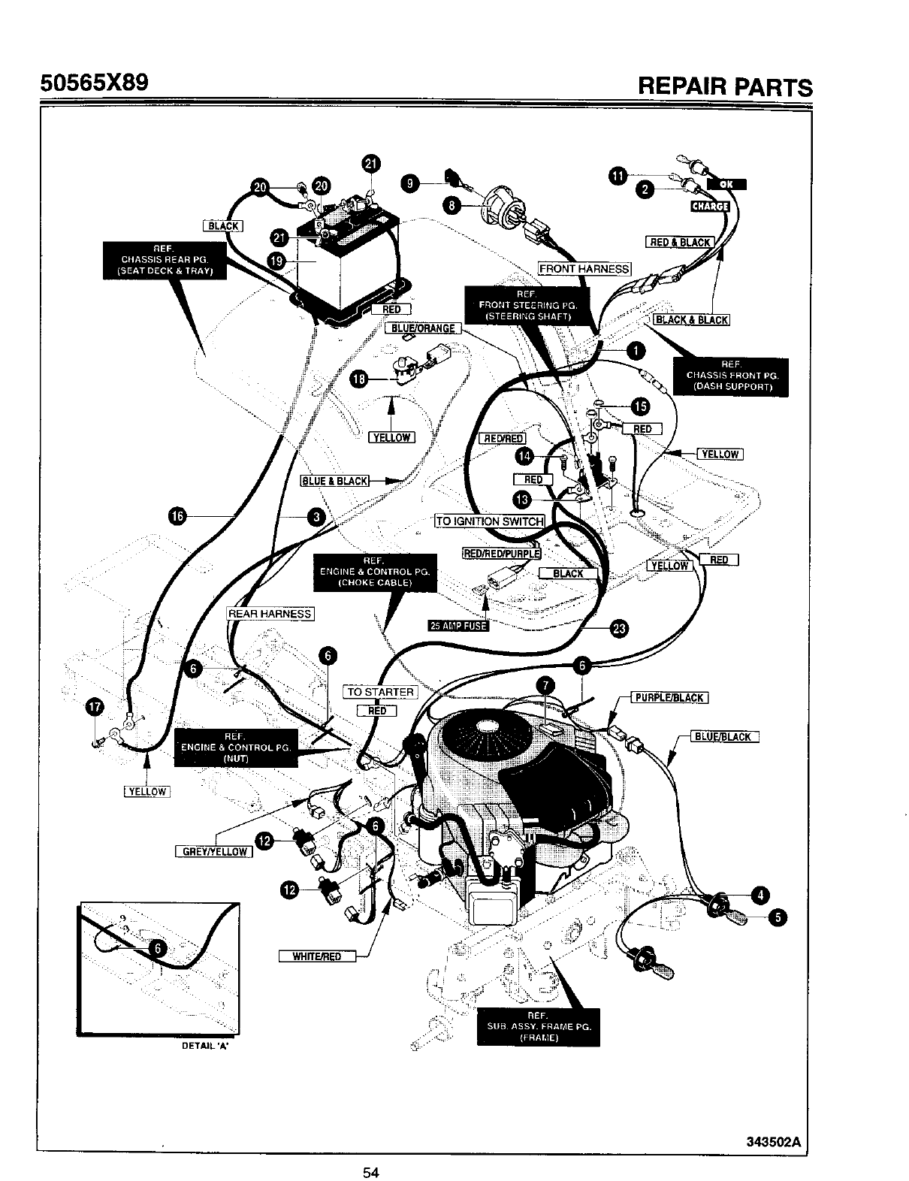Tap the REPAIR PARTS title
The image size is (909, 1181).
click(724, 85)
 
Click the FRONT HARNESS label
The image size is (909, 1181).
click(585, 268)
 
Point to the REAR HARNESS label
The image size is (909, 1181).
click(270, 613)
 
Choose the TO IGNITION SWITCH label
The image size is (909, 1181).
click(490, 521)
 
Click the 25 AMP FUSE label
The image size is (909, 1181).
click(458, 627)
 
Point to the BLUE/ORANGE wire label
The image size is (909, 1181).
click(421, 328)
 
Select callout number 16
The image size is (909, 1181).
click(177, 515)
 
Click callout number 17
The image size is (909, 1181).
click(95, 707)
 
